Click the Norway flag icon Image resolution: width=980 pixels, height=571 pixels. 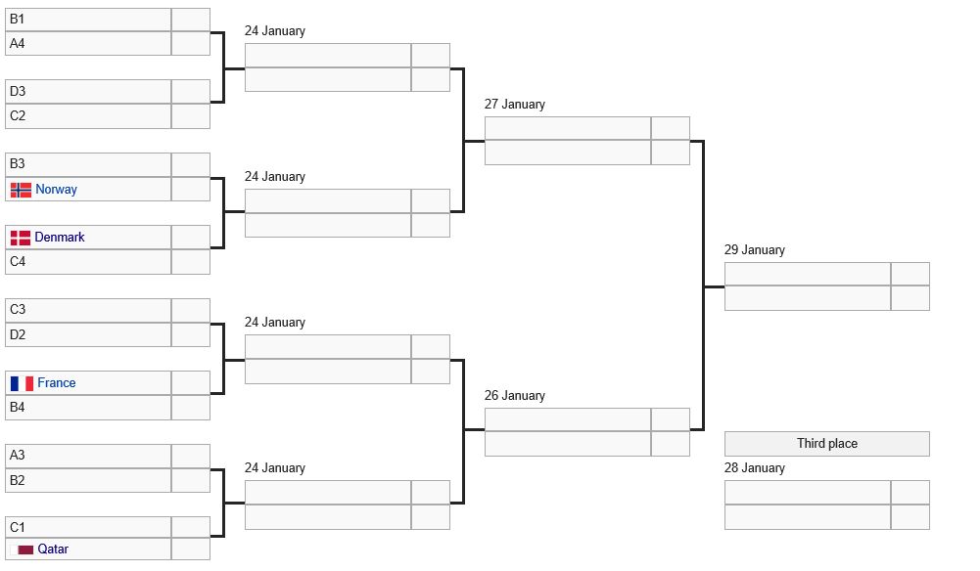point(21,190)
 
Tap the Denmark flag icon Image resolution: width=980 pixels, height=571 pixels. point(21,238)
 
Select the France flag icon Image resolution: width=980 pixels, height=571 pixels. point(22,383)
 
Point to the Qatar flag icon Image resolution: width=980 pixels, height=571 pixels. point(22,549)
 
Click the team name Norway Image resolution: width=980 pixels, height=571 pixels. point(56,189)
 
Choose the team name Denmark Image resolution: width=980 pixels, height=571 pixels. point(60,238)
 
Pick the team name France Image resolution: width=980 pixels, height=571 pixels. point(56,382)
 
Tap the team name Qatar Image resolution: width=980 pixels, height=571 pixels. point(53,549)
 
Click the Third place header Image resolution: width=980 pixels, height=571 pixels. point(827,444)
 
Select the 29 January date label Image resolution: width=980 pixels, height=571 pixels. point(755,250)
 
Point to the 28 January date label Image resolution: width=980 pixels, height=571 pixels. point(755,468)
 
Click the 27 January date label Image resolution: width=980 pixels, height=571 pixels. point(514,105)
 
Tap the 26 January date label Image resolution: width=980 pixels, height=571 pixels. point(514,396)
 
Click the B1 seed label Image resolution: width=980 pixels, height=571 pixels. point(17,20)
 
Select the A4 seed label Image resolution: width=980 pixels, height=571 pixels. point(17,44)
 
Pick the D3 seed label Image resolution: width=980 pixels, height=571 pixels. point(18,92)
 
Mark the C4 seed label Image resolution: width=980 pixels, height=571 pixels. point(18,261)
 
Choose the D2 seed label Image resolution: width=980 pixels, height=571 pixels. point(18,335)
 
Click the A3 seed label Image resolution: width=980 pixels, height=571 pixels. point(17,456)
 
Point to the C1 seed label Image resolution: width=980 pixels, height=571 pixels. point(17,528)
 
